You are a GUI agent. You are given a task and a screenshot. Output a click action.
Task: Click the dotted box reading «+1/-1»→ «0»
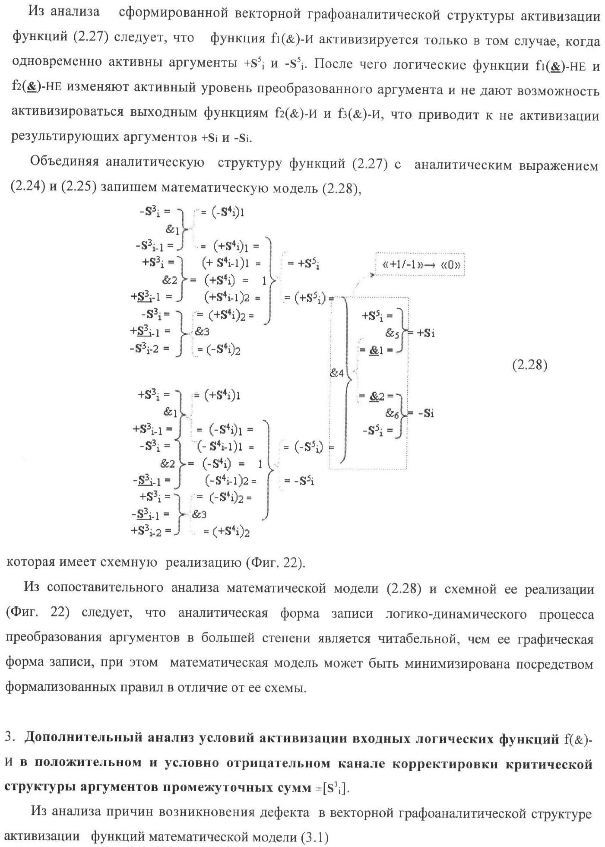[420, 264]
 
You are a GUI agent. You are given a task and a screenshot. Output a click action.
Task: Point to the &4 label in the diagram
[336, 374]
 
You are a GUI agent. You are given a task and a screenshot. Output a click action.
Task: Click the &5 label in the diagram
[392, 334]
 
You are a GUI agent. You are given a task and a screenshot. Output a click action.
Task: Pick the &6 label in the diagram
[392, 413]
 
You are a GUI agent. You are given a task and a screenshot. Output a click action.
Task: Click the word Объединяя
[65, 162]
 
